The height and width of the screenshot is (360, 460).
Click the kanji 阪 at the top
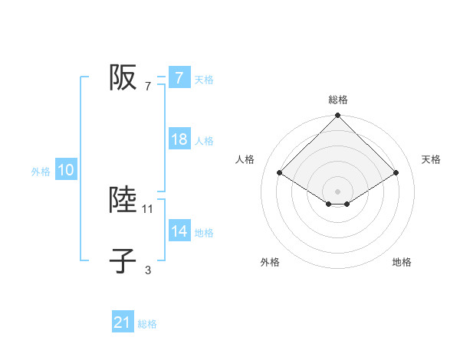click(123, 77)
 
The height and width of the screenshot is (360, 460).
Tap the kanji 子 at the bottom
click(123, 260)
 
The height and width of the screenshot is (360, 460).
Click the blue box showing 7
click(179, 78)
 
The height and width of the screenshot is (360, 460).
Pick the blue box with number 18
click(179, 140)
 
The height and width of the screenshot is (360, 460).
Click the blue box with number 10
click(66, 171)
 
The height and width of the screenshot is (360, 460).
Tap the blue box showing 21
click(123, 323)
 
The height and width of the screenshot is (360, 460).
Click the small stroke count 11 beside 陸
click(148, 208)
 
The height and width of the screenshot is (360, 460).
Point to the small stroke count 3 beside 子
click(148, 270)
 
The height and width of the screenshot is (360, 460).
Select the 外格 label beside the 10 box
click(41, 172)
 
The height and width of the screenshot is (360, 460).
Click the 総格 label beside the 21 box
click(147, 324)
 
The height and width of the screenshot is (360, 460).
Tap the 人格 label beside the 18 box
click(204, 141)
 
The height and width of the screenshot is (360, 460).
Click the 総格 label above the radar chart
click(337, 100)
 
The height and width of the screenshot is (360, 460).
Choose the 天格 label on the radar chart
click(432, 159)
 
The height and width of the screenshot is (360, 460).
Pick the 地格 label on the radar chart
click(402, 262)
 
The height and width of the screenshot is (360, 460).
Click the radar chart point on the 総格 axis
click(337, 116)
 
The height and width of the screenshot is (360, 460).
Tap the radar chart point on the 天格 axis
click(396, 172)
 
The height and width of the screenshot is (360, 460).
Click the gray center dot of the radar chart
click(337, 191)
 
